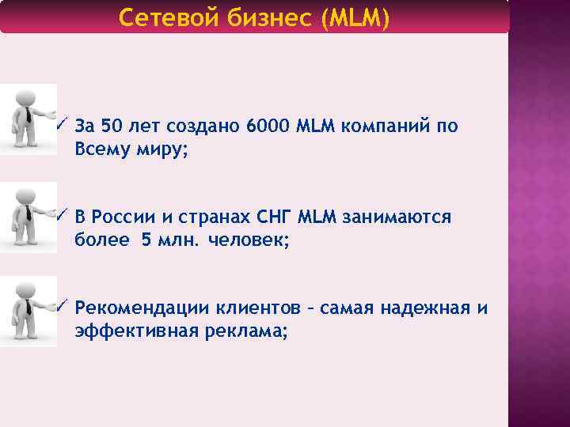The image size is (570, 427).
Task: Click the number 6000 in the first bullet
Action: pos(268,126)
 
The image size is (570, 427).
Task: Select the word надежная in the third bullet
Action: pos(416,308)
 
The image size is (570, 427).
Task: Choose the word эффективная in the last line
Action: pos(138,331)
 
